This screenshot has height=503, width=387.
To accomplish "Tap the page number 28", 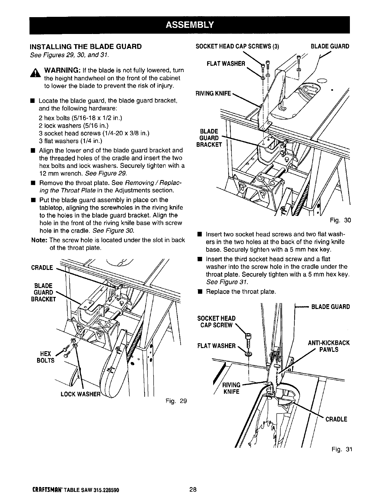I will pyautogui.click(x=193, y=490).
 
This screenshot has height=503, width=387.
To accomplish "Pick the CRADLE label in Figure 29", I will pyautogui.click(x=42, y=268).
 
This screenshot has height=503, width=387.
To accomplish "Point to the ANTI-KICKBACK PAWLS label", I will pyautogui.click(x=329, y=346).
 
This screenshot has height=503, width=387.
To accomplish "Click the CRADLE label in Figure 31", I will pyautogui.click(x=336, y=419).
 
